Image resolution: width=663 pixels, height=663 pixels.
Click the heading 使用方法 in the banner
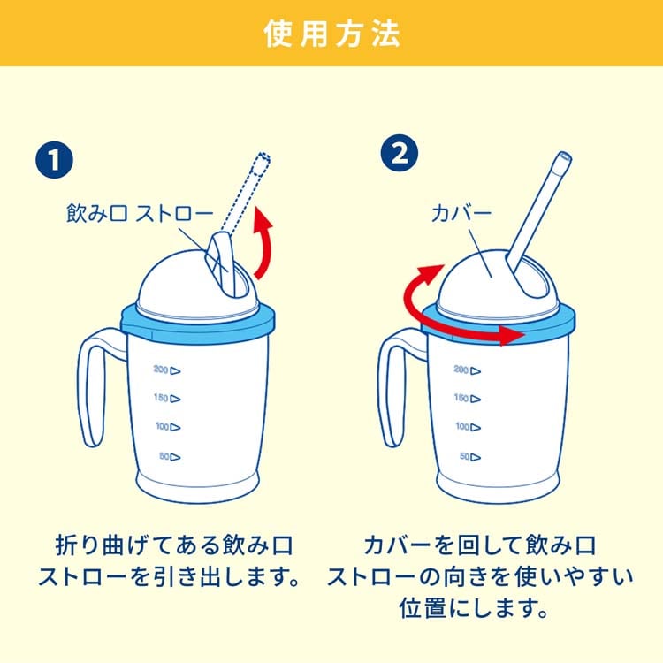tap(331, 34)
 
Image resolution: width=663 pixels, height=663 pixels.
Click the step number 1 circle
tap(54, 160)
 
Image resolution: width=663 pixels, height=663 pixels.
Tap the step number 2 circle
tap(400, 153)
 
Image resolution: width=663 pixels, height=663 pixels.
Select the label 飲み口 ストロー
tap(140, 213)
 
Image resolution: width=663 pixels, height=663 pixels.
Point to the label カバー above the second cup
tap(461, 213)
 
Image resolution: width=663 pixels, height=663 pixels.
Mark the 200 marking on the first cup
tap(166, 370)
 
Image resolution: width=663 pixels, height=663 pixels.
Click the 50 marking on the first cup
tap(170, 457)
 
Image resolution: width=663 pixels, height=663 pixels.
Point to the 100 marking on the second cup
tap(468, 427)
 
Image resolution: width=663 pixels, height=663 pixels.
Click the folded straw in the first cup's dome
tap(221, 262)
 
